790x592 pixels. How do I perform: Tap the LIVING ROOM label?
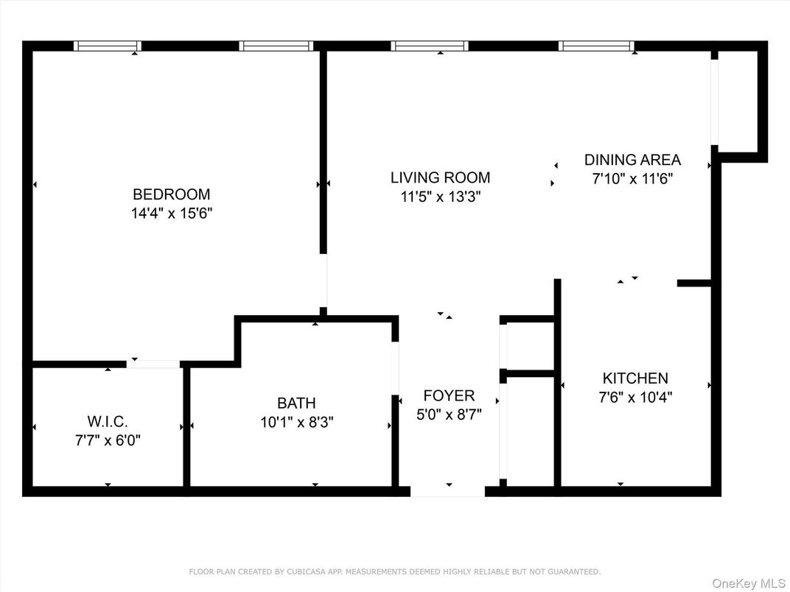point(440,177)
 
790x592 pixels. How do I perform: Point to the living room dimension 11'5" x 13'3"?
point(440,197)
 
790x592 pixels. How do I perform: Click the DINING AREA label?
point(632,160)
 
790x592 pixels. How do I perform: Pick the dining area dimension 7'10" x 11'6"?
point(632,178)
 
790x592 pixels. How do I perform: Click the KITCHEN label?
point(635,378)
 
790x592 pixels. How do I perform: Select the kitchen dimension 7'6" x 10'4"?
point(635,398)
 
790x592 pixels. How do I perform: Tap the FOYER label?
point(449,395)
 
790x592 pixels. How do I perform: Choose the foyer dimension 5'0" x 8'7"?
point(449,415)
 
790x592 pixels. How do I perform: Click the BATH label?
point(296,403)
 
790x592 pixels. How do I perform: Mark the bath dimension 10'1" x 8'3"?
point(296,423)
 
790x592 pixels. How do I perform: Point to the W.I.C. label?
point(107,422)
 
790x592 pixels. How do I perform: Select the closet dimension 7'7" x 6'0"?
point(107,441)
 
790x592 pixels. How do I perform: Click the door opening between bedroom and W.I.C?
point(153,364)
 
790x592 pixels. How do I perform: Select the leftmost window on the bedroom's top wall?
point(108,46)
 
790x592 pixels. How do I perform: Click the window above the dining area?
point(596,46)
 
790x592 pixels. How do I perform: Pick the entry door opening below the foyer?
point(447,491)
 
